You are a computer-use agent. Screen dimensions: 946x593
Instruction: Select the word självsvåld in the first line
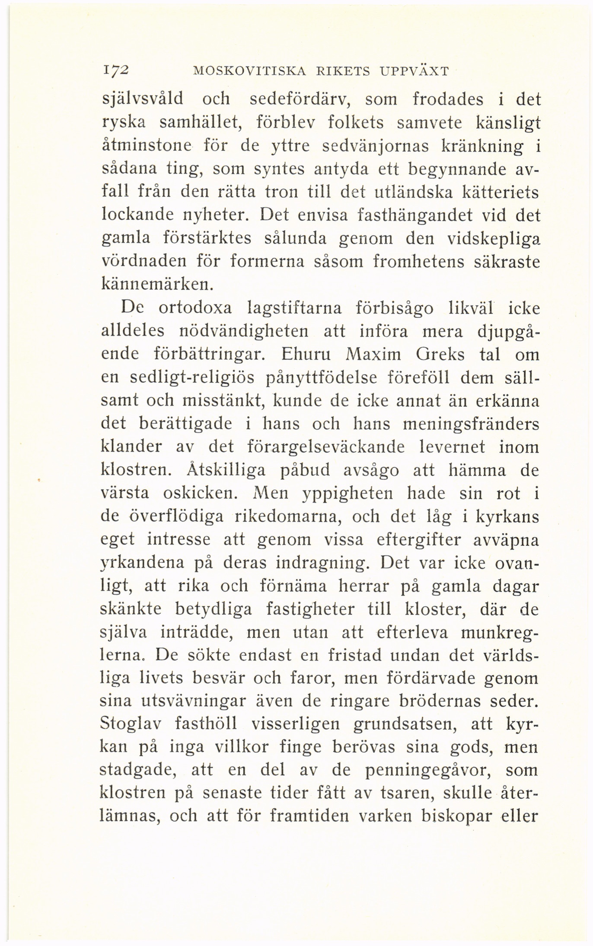tap(142, 101)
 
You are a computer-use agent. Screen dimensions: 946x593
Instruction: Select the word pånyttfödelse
tap(320, 378)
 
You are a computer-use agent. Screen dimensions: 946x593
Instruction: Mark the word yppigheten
tap(348, 493)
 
